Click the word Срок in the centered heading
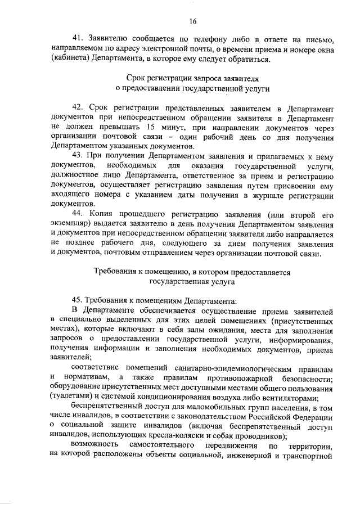(138, 79)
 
